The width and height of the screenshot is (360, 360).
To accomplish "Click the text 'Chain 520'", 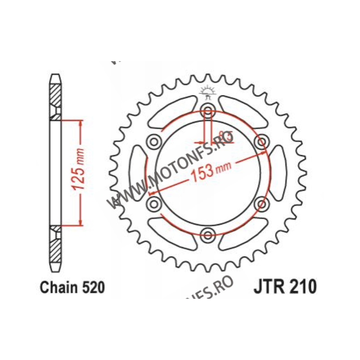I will click(72, 287).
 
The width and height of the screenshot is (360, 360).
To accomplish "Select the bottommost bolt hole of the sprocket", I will click(208, 234).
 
